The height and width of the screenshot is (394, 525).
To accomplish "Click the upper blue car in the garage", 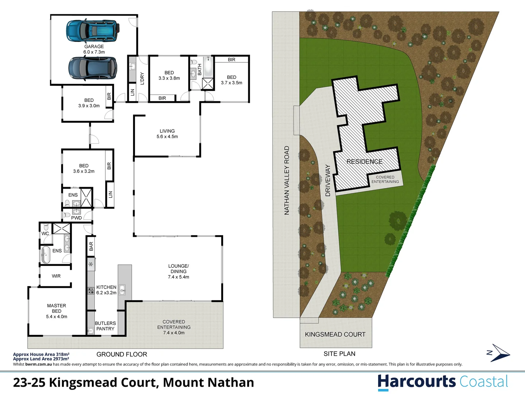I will (x=93, y=30).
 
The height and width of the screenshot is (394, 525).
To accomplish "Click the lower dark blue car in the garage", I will (x=93, y=68).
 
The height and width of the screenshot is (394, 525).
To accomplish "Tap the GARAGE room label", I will (x=94, y=49).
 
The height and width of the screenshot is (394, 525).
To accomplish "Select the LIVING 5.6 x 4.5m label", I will (x=167, y=134).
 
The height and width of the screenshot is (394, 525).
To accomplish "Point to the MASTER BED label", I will (x=57, y=311).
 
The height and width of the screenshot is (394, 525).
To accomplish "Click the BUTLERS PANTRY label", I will (x=105, y=326).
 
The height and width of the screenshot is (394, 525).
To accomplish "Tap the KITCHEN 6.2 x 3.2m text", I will (x=106, y=290).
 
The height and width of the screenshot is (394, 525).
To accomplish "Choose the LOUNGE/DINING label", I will (x=179, y=271).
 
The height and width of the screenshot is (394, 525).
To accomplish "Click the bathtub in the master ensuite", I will (x=46, y=255).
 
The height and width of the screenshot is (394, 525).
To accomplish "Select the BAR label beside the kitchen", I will (x=91, y=246).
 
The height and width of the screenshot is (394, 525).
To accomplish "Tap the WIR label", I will (x=56, y=276).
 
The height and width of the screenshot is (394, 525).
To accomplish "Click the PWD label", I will (x=77, y=218).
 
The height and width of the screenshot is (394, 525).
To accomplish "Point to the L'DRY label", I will (x=142, y=78).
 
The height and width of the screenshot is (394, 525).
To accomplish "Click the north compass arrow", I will (x=499, y=353).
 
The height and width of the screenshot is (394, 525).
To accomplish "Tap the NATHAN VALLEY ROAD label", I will (x=287, y=180).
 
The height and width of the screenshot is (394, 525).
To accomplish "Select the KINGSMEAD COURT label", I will (x=335, y=335).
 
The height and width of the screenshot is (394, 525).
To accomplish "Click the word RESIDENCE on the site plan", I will (x=365, y=162).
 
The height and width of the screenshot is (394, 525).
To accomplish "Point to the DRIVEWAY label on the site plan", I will (x=328, y=180).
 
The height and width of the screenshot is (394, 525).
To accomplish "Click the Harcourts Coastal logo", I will (x=443, y=382).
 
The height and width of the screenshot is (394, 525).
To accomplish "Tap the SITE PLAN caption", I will (x=339, y=354).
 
